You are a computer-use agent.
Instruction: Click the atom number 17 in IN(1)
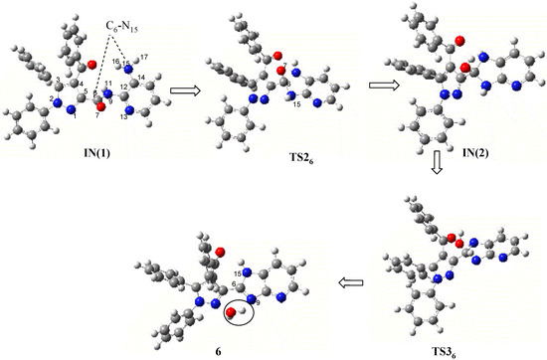(145, 57)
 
